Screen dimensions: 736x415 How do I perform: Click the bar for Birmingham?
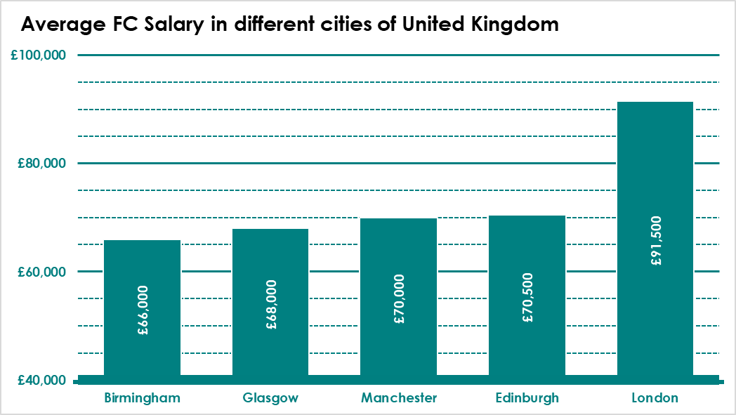click(x=143, y=308)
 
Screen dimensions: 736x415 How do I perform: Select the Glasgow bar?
click(x=270, y=302)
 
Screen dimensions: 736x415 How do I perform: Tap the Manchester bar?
click(x=398, y=297)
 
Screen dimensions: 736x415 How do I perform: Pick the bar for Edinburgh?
click(x=527, y=296)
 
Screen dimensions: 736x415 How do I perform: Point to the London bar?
click(x=655, y=239)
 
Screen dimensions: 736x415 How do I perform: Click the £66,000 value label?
click(x=143, y=310)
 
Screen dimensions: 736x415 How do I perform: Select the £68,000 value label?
click(x=271, y=305)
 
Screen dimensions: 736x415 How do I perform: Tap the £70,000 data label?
click(x=400, y=299)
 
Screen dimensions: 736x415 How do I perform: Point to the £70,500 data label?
click(x=527, y=298)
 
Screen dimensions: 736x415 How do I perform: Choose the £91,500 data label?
click(x=656, y=241)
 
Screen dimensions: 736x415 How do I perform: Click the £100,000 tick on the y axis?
click(x=39, y=55)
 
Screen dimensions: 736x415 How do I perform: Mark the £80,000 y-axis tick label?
click(x=41, y=164)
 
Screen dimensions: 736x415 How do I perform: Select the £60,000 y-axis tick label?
click(x=41, y=272)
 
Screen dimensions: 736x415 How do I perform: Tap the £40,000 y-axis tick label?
click(x=41, y=381)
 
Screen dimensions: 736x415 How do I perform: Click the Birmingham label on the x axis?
click(x=143, y=399)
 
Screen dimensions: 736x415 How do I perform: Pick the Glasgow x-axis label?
click(x=270, y=399)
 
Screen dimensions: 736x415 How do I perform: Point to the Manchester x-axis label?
click(x=399, y=398)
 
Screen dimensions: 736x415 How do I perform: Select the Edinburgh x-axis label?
click(x=527, y=399)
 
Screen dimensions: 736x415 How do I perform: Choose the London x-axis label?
click(x=655, y=398)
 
